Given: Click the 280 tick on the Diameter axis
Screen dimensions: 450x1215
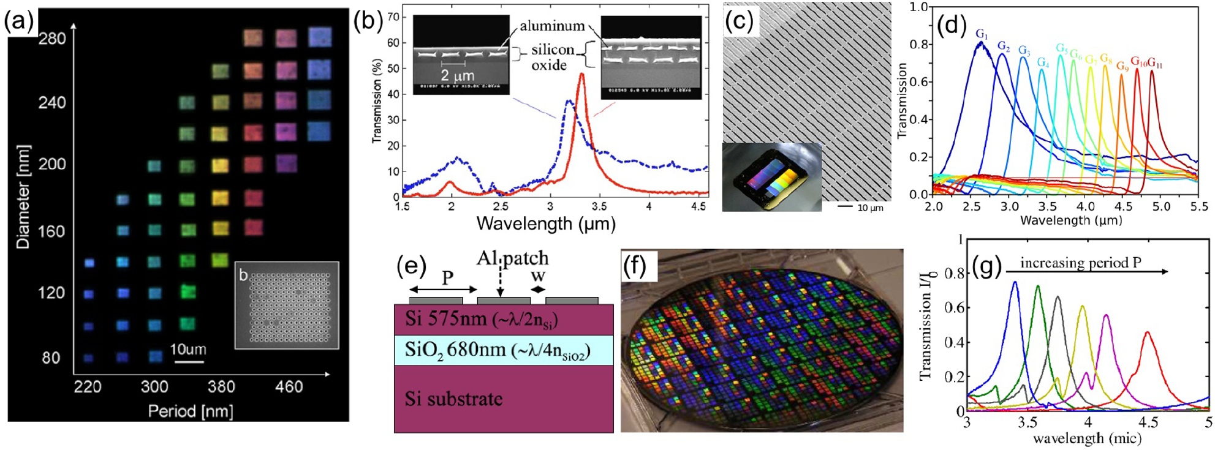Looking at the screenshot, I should point(51,39).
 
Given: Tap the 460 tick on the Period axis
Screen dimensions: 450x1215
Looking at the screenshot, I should point(289,387).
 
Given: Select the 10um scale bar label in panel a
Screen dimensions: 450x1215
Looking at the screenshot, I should point(188,350).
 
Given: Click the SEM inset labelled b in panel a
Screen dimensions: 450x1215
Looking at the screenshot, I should point(287,306).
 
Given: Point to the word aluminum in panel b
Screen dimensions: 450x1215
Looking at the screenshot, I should point(552,26).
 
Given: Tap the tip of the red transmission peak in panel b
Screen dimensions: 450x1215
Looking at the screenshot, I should point(581,75).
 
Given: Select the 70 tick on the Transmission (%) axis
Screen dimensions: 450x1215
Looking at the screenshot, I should point(393,17).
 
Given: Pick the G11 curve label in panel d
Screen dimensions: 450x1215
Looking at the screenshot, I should point(1155,63).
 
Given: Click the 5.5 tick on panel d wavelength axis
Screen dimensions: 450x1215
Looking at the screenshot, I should point(1198,207).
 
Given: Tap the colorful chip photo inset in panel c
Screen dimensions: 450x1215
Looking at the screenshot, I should point(771,176).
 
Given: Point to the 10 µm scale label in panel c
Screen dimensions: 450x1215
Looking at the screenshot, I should point(869,208).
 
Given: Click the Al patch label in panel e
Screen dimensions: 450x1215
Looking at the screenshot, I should point(512,258).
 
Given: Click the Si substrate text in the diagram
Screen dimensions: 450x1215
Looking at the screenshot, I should point(453,399).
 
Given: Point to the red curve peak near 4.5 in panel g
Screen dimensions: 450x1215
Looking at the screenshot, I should point(1147,332).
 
